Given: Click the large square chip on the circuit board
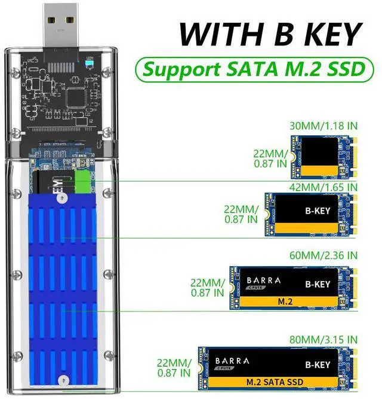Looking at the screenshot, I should pos(79,95).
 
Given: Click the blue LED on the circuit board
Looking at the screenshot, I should pos(90,62).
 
